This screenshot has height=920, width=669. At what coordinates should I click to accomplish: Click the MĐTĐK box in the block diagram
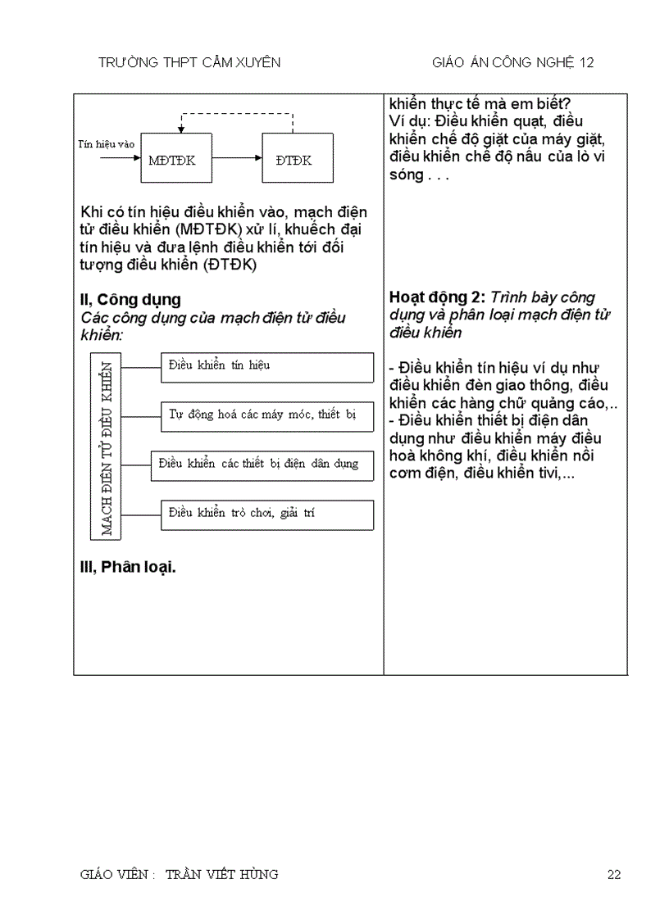tap(171, 159)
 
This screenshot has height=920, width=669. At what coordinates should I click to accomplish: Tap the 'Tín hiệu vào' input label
tap(106, 144)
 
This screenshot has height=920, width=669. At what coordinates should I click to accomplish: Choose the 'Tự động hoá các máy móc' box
tap(267, 415)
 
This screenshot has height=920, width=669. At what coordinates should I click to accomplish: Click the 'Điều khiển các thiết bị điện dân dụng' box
tap(262, 465)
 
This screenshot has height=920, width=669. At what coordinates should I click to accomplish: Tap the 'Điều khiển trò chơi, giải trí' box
tap(267, 514)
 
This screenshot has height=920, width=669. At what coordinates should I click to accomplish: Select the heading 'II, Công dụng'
tap(130, 300)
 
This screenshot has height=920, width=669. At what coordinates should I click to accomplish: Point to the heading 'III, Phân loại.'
tap(128, 568)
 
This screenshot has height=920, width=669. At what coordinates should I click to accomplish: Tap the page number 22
tap(614, 875)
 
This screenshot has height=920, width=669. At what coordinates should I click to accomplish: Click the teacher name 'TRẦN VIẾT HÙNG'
tap(221, 874)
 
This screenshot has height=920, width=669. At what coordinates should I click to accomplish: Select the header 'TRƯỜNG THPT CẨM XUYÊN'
tap(189, 62)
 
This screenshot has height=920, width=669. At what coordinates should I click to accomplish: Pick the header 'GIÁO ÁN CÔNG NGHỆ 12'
tap(513, 62)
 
